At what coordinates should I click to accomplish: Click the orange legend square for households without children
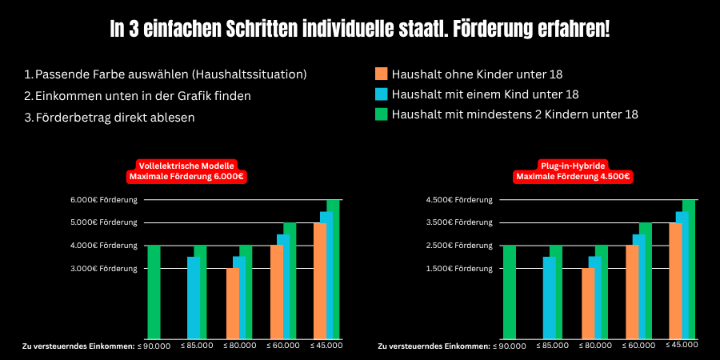(381, 74)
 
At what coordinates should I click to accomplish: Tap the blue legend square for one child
(381, 94)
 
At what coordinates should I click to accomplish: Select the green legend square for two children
(381, 114)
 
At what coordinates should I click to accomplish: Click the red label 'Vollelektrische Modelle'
(186, 165)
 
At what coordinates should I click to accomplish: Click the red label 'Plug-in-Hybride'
(573, 165)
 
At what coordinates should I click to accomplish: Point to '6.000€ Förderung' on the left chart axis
(103, 199)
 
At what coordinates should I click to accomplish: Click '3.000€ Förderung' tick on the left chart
(103, 269)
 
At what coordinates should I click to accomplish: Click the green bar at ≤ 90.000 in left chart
(154, 292)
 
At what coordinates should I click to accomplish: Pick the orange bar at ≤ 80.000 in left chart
(233, 303)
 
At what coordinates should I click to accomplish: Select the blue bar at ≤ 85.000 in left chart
(194, 298)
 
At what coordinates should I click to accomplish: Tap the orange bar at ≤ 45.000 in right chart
(675, 281)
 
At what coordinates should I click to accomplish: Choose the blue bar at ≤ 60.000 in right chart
(638, 286)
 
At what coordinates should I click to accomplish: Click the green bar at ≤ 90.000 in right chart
(509, 292)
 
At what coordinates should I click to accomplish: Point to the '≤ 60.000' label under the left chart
(282, 346)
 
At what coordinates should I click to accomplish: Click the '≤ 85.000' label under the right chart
(553, 346)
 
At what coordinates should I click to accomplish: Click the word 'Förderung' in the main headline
(506, 30)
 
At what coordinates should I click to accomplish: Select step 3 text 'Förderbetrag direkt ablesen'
(115, 118)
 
